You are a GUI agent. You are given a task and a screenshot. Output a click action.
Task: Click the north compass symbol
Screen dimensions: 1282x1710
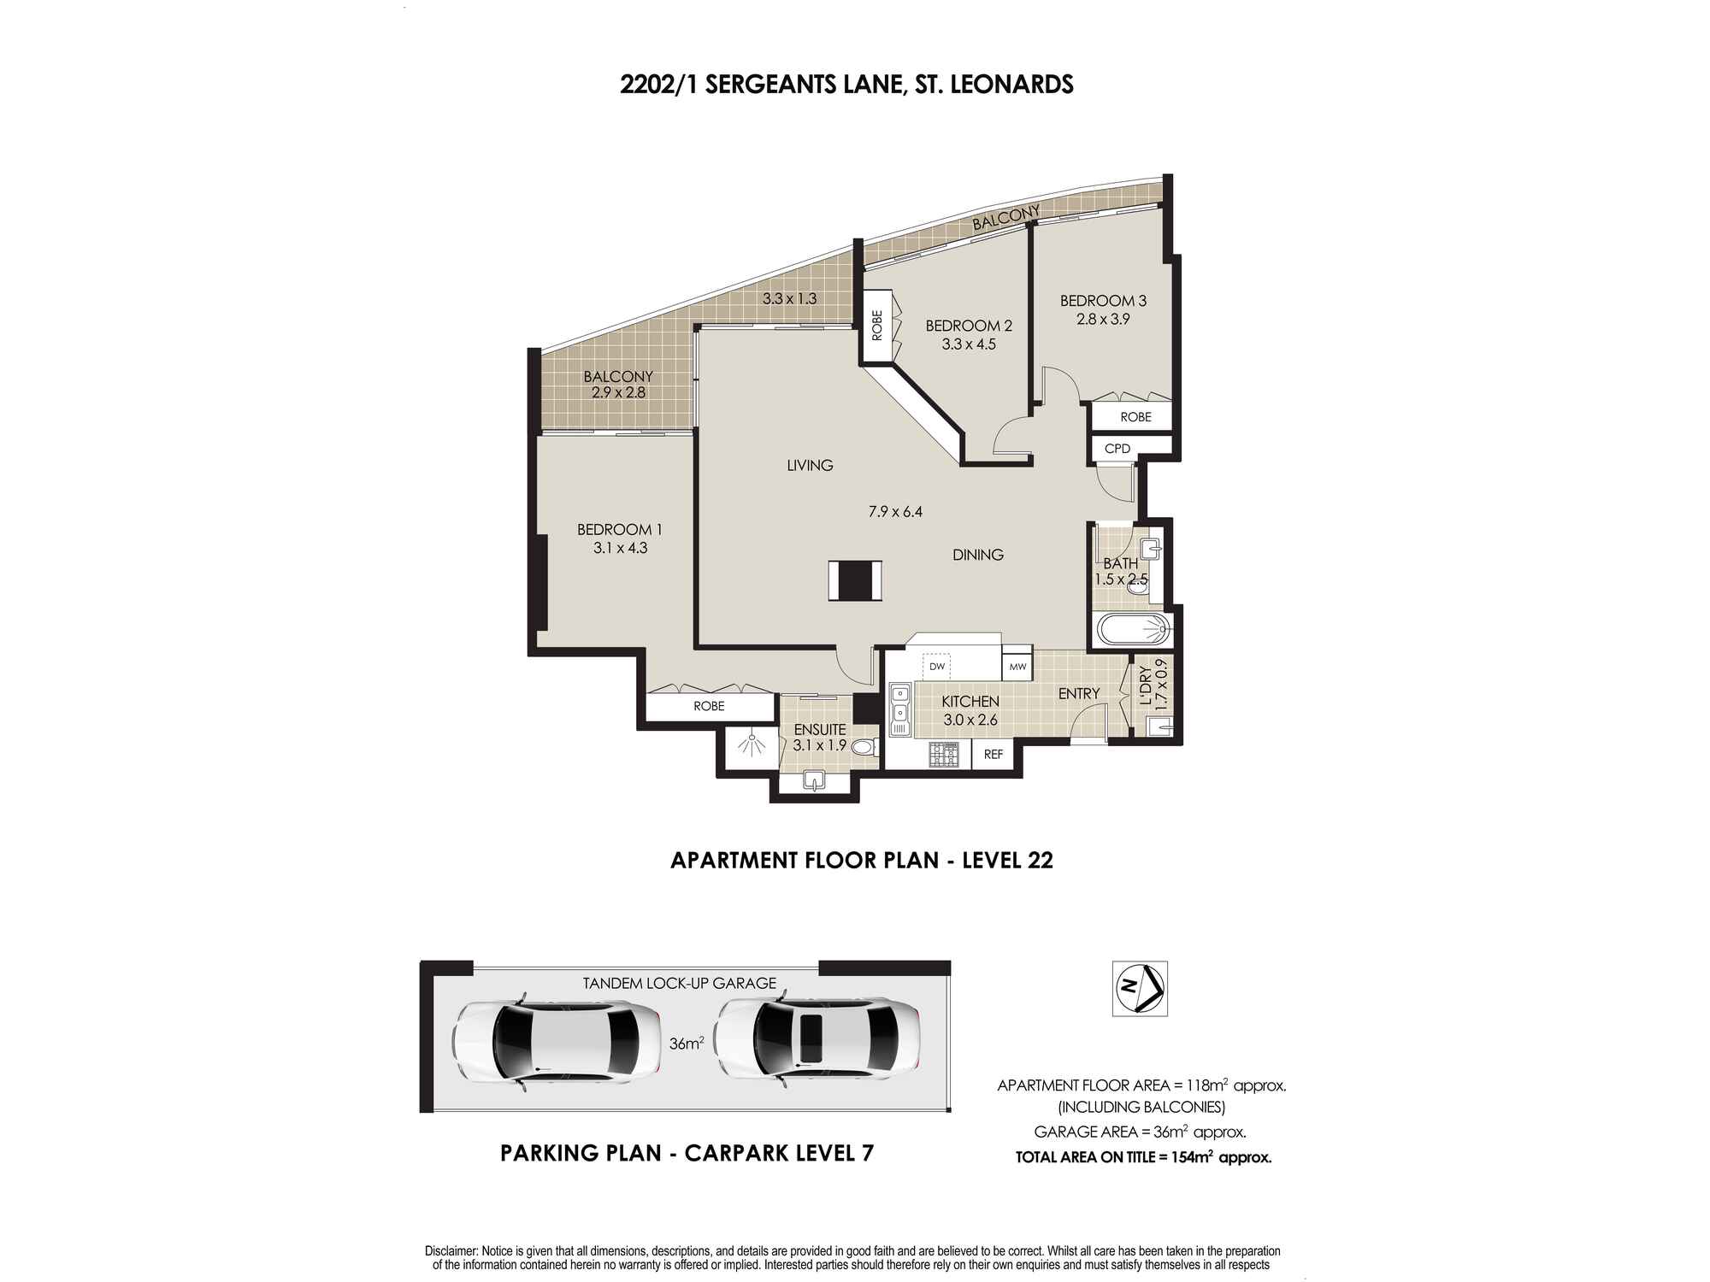point(1140,989)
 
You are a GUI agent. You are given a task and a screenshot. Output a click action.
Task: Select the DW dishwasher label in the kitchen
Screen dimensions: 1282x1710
point(937,667)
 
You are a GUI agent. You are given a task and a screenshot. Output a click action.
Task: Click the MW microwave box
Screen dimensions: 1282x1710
point(1017,667)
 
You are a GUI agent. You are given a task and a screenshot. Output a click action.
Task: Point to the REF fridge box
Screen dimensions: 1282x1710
point(993,755)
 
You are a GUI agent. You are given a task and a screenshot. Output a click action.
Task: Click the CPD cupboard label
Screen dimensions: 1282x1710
point(1117,448)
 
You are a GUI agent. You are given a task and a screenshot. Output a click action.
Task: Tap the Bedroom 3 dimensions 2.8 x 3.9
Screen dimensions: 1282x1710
point(1103,320)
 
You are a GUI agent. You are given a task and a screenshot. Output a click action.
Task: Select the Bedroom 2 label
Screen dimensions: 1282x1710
point(968,326)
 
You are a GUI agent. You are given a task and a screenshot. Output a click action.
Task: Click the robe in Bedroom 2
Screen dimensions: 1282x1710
point(876,326)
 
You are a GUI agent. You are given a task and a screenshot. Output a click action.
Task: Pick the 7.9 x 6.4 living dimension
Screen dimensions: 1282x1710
point(895,512)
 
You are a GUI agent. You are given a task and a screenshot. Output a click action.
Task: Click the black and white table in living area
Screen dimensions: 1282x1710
point(854,580)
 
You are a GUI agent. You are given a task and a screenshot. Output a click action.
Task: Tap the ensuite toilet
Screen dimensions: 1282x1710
point(864,748)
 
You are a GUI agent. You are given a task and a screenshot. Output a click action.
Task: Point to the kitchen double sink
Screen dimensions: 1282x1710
point(899,709)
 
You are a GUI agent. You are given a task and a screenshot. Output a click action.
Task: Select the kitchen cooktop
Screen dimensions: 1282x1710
point(945,754)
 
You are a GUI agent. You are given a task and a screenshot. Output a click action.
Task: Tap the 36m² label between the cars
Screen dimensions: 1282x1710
point(687,1044)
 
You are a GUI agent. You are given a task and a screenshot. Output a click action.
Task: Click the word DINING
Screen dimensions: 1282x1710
point(977,555)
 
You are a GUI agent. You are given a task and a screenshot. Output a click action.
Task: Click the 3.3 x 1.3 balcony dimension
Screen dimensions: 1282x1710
point(789,299)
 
